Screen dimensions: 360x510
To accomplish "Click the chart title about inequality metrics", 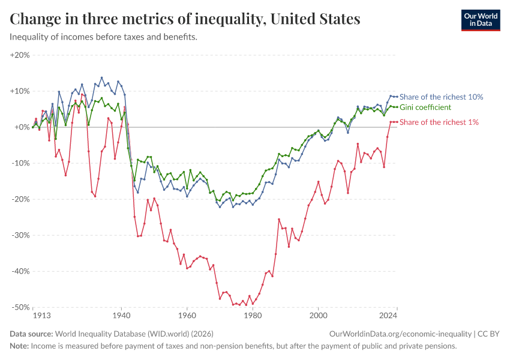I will point(185,19).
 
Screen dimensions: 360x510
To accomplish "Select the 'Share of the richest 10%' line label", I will point(441,97).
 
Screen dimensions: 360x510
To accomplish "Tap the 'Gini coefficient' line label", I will point(425,107).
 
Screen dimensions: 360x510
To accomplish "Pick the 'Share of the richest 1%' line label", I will point(439,122).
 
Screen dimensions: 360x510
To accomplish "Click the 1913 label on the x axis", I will point(41,315).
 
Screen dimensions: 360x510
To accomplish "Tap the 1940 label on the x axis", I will point(121,315).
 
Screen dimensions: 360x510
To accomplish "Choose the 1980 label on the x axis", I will point(253,315).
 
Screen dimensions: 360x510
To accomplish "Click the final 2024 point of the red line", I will point(397,122).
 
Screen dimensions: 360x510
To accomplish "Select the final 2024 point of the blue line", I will point(397,97).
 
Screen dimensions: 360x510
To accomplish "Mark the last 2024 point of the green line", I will point(397,107).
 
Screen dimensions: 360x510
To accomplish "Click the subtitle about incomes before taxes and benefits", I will point(103,37).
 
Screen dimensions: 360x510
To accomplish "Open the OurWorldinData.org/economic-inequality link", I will point(401,334).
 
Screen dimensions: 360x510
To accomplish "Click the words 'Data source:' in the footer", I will point(31,334).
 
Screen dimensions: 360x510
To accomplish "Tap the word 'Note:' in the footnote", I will point(19,346).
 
